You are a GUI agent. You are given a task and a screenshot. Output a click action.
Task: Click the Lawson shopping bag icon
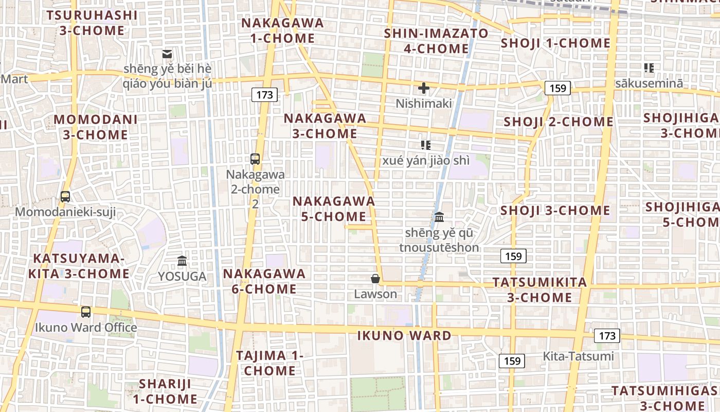tap(375, 279)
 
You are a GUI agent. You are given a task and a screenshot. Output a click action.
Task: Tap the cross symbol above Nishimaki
tap(424, 88)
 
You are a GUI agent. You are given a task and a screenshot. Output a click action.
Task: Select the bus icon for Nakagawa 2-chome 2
tap(255, 159)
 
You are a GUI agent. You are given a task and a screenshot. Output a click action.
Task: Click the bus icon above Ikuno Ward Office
tap(86, 312)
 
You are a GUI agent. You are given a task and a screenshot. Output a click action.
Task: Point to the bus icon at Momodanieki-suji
tap(65, 196)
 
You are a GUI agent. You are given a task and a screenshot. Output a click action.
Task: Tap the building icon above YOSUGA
tap(182, 261)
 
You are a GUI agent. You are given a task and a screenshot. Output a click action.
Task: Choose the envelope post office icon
tap(167, 54)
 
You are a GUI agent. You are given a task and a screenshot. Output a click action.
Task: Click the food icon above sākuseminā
tap(649, 67)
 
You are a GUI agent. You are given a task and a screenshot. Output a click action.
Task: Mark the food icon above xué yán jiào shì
tap(425, 145)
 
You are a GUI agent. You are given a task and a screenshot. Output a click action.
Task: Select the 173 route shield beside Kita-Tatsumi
tap(607, 336)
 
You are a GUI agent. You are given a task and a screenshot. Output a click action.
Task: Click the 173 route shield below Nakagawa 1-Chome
tap(264, 95)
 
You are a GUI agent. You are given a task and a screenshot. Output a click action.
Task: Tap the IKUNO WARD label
tap(404, 336)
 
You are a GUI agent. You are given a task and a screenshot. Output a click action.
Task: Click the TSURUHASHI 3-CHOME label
tap(92, 23)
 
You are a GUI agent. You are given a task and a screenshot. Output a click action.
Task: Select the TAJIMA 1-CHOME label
tap(269, 363)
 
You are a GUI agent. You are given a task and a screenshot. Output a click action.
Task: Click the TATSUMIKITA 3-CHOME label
tap(539, 290)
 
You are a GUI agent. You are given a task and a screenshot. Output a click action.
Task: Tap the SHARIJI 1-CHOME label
tap(165, 391)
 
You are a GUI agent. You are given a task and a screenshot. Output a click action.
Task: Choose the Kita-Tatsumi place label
tap(578, 356)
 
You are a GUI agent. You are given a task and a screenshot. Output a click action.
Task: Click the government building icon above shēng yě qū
tap(439, 217)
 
